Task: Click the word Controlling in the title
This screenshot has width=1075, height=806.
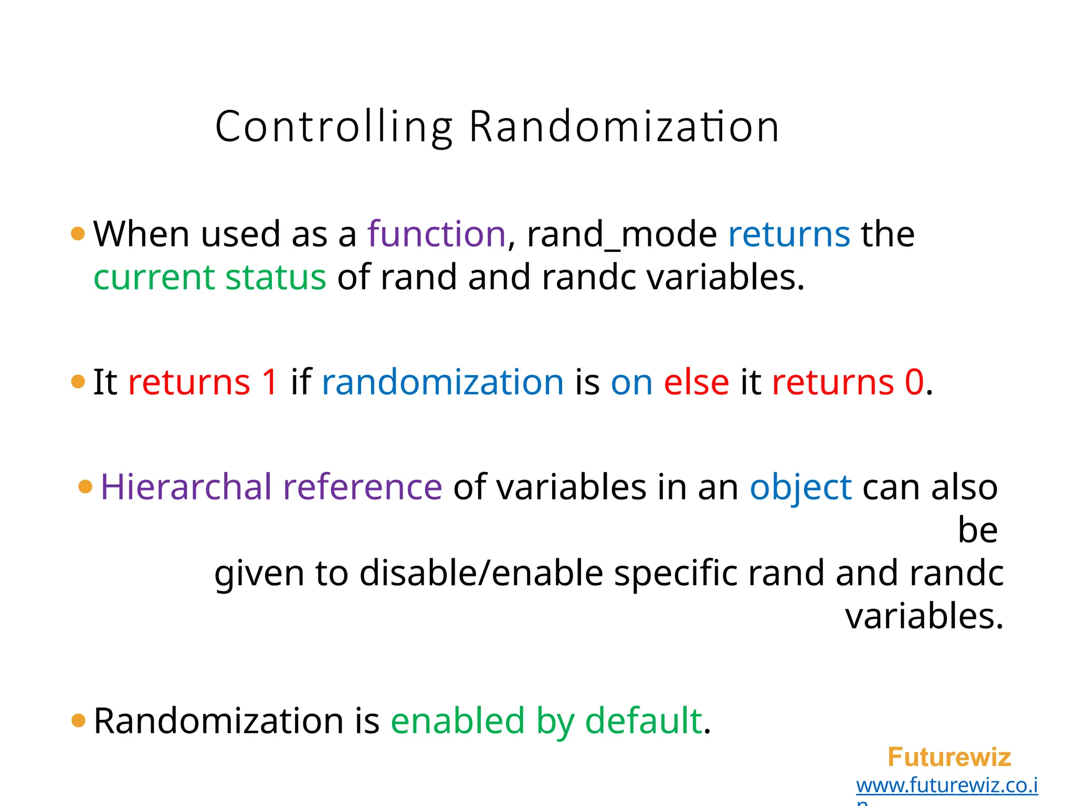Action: coord(334,128)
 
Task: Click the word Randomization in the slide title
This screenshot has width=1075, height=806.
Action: coord(624,128)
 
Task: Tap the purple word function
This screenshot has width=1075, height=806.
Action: coord(436,234)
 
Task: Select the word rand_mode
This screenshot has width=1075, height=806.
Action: coord(621,235)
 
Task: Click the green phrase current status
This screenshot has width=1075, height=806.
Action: coord(209,277)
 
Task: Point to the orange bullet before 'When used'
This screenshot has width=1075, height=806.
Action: coord(78,234)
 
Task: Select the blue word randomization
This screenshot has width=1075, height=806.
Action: coord(442,382)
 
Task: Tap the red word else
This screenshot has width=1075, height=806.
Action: coord(696,382)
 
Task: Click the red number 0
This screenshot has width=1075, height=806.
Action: coord(914,382)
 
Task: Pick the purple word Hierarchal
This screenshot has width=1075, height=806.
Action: coord(186,487)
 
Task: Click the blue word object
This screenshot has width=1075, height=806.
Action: coord(800,488)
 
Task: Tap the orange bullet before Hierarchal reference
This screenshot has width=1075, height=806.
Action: coord(85,486)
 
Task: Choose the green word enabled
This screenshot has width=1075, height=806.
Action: coord(457,720)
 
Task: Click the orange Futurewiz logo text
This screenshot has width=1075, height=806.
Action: coord(948,757)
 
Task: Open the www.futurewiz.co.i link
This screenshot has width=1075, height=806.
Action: coord(946,786)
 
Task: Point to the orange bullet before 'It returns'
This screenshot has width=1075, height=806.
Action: coord(78,381)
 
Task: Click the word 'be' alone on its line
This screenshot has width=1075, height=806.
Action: coord(977,530)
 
